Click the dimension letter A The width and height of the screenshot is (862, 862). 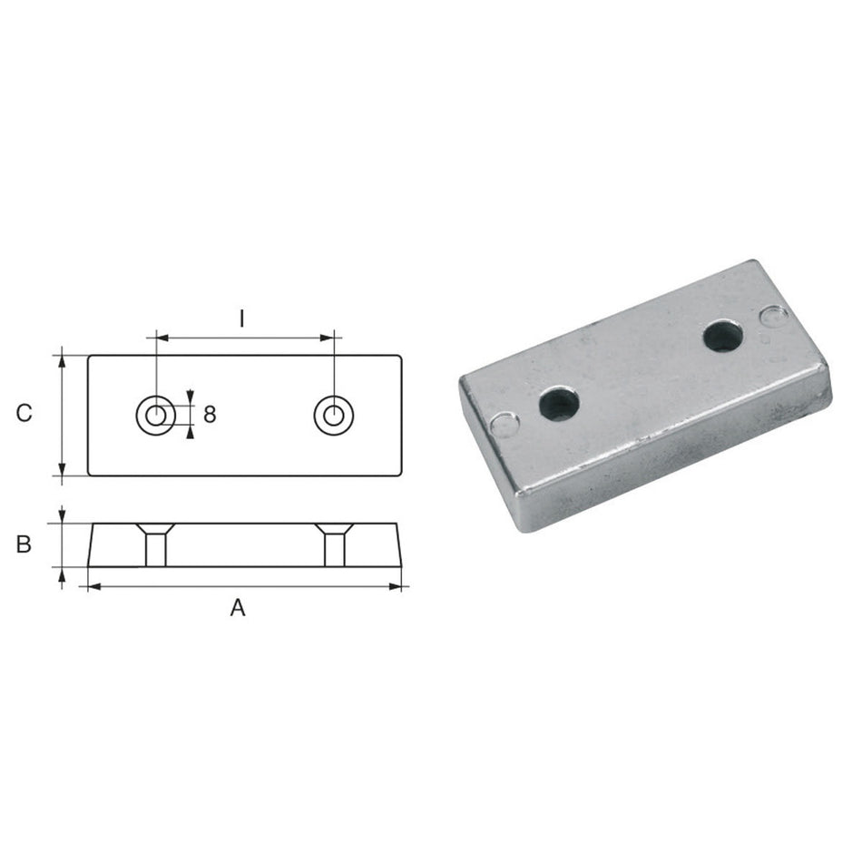click(238, 608)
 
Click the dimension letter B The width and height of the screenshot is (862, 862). click(24, 544)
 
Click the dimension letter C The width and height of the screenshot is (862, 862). click(24, 413)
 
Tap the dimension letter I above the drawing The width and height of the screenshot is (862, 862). click(242, 318)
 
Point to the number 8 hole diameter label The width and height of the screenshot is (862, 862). click(210, 414)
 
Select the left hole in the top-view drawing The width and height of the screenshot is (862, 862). click(155, 415)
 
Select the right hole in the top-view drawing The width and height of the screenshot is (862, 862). click(333, 415)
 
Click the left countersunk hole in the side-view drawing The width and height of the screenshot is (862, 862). click(155, 544)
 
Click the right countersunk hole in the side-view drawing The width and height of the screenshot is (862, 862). click(334, 544)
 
